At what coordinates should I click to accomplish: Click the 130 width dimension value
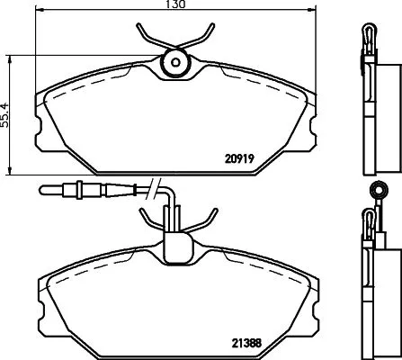click(175, 5)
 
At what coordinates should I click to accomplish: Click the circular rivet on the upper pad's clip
click(174, 62)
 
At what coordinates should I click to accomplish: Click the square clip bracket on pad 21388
click(176, 245)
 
